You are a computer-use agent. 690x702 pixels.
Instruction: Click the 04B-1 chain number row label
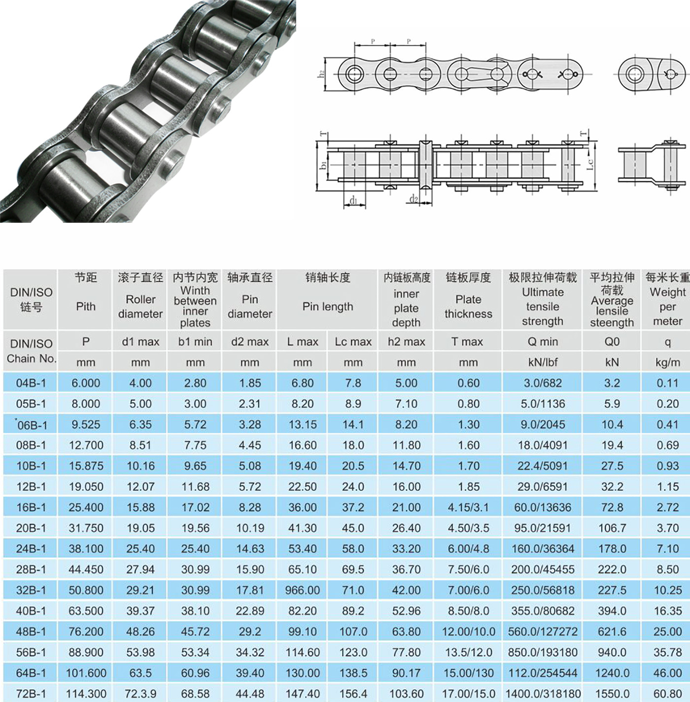[x=31, y=383]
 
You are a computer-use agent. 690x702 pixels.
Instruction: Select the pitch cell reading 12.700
[x=86, y=445]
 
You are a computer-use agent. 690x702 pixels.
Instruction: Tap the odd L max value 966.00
[x=303, y=590]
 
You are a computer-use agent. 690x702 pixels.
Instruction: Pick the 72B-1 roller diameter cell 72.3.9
[x=140, y=693]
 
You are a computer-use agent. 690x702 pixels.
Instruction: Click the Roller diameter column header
[x=140, y=306]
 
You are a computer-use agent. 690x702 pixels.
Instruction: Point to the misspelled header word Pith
[x=86, y=306]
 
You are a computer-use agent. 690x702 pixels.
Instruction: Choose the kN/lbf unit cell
[x=543, y=362]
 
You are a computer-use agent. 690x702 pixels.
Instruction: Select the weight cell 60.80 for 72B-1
[x=667, y=693]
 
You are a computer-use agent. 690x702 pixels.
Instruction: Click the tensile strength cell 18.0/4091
[x=543, y=445]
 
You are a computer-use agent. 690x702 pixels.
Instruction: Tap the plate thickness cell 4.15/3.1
[x=468, y=507]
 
